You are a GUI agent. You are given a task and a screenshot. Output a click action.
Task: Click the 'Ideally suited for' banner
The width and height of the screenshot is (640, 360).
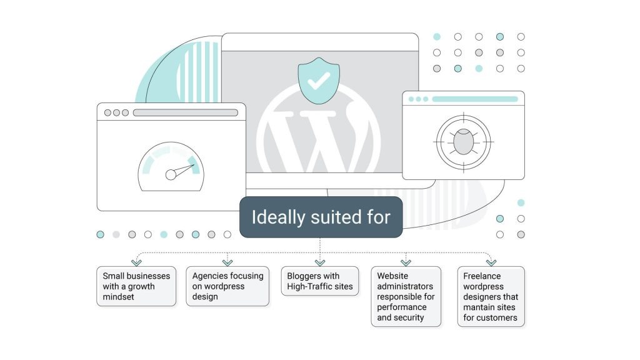click(321, 217)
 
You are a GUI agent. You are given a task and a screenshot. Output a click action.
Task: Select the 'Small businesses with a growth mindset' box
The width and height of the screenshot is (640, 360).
click(136, 286)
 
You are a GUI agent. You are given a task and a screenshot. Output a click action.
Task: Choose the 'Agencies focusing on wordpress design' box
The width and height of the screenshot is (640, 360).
click(227, 286)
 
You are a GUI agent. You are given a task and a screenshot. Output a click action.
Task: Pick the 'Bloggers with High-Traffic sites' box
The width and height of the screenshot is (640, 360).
click(320, 281)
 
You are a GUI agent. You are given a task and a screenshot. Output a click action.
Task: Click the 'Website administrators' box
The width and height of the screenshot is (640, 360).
click(406, 296)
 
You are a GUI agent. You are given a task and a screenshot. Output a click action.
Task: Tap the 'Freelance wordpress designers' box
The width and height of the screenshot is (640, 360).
click(491, 296)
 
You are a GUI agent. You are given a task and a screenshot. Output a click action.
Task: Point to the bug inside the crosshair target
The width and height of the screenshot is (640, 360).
click(463, 142)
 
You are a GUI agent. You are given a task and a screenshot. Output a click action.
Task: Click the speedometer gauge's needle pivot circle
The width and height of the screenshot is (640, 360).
click(171, 174)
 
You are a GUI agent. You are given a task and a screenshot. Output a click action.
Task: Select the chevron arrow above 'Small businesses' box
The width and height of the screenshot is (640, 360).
click(136, 262)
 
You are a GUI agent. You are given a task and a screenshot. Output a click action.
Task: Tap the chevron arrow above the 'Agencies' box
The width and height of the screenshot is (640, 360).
click(227, 262)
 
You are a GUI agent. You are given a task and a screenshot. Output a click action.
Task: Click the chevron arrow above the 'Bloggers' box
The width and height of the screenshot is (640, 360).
click(320, 262)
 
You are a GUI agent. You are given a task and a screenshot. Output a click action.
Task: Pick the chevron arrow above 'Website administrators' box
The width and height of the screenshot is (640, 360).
click(406, 262)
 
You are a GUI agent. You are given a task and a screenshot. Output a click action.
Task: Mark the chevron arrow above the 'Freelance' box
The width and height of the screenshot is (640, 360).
click(491, 262)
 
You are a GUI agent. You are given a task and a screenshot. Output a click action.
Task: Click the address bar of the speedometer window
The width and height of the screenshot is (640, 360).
click(185, 113)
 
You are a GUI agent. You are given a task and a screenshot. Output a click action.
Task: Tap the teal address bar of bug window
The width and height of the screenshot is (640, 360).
click(475, 99)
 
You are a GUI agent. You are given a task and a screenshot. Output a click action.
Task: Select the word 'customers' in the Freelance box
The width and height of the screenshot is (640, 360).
click(498, 317)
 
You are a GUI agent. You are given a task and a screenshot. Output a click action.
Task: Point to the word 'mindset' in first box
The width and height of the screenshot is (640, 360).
click(119, 297)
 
